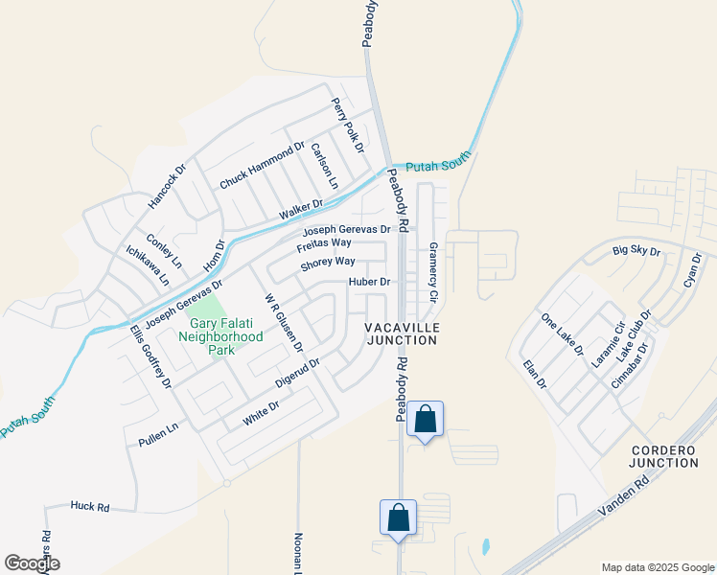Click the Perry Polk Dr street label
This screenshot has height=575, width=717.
tap(348, 126)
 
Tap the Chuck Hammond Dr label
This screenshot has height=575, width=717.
tap(262, 167)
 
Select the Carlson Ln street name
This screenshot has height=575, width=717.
tap(324, 165)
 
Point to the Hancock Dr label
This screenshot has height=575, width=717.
tap(166, 186)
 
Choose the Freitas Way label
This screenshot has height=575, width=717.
tap(324, 244)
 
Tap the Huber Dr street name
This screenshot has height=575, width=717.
tap(370, 282)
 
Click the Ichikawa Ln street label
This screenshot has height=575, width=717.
tap(148, 265)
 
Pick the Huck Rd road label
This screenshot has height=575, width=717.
tap(90, 506)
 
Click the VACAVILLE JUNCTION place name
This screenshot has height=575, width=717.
tap(402, 333)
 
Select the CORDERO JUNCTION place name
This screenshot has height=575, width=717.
tap(664, 456)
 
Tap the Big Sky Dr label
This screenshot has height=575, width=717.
tap(637, 252)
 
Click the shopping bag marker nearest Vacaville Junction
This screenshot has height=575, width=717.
tap(425, 420)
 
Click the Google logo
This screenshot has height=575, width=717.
tap(32, 563)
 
